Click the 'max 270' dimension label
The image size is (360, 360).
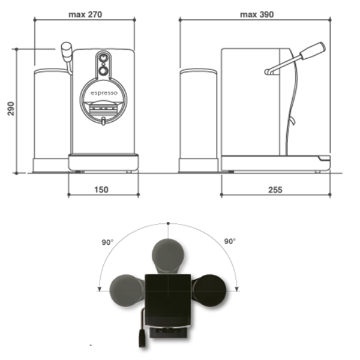85,14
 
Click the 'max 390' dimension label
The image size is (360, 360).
257,14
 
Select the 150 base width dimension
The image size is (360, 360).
101,190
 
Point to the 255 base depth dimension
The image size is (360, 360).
275,190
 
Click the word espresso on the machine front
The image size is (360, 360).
104,93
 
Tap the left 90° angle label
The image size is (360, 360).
107,242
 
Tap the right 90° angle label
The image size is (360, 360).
230,241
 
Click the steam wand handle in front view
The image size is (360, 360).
67,52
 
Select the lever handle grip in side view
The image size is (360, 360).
313,50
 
